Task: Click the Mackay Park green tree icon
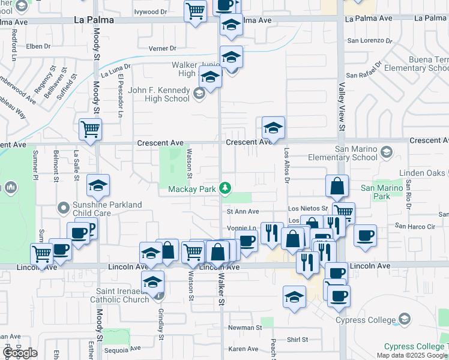pos(225,189)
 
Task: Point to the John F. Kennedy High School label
pos(159,94)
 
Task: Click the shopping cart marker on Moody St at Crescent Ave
pos(90,128)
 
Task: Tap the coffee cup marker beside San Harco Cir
pos(365,235)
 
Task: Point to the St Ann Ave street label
pos(243,211)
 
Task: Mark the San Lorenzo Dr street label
pos(370,41)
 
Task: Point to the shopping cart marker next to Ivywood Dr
pos(196,11)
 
